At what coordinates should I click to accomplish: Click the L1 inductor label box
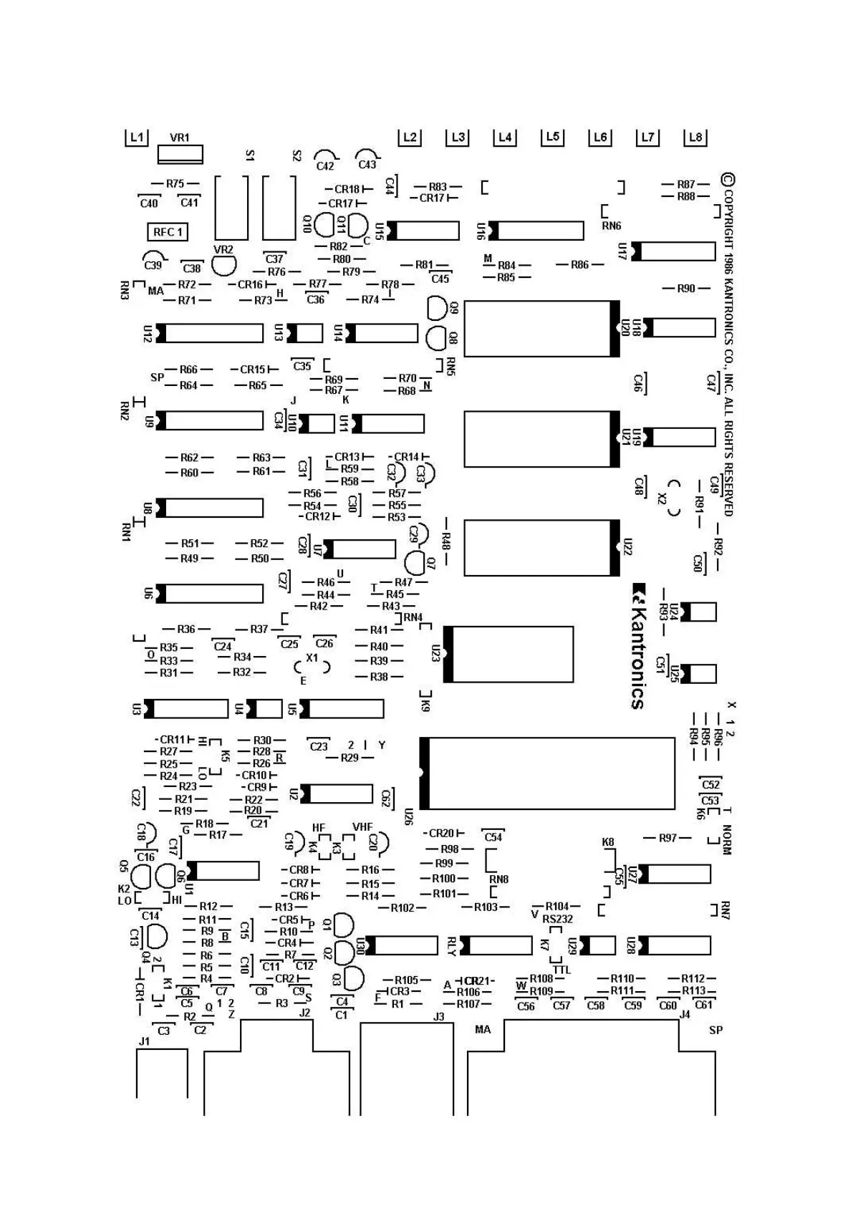136,137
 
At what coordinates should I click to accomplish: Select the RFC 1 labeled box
168,232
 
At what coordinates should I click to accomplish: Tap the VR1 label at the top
180,138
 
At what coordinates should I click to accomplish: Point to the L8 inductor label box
695,137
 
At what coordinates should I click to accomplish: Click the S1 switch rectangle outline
231,207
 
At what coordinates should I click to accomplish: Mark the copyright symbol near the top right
728,179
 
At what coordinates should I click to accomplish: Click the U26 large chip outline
548,773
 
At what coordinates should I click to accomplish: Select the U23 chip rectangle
509,654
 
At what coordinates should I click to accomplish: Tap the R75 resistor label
175,184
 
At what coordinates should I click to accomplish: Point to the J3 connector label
439,1016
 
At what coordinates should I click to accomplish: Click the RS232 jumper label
558,919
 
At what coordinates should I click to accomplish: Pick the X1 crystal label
312,657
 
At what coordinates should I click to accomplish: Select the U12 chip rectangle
210,333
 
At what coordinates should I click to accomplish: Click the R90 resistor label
686,289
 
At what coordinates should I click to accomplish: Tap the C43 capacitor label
367,165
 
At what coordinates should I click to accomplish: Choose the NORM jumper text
726,839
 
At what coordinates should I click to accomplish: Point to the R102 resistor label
403,908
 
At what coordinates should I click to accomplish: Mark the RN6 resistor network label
611,226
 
